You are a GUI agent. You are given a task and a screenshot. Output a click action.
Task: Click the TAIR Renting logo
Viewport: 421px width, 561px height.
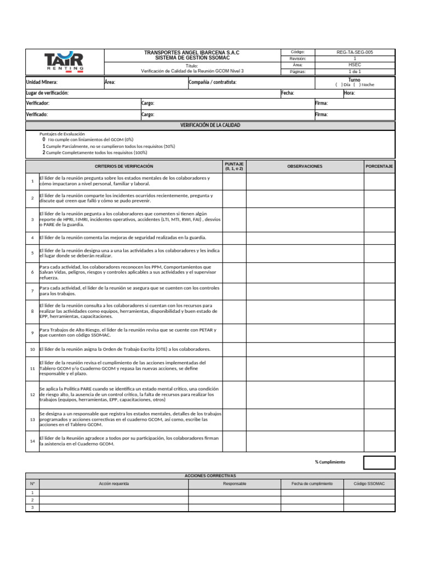tap(64, 61)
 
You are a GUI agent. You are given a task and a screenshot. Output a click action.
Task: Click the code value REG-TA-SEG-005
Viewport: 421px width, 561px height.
tap(355, 52)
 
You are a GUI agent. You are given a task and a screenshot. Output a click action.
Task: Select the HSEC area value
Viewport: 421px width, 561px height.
tap(355, 65)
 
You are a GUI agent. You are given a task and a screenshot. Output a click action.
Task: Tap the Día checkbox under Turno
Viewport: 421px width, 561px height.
tap(338, 85)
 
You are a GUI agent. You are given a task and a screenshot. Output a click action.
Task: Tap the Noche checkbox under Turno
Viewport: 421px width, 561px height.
tap(357, 85)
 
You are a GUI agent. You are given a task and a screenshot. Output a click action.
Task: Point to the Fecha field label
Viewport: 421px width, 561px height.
tap(288, 93)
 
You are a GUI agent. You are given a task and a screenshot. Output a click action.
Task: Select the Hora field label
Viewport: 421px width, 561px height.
tap(349, 93)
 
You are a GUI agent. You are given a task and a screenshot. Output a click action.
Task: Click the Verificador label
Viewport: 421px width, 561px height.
tap(38, 104)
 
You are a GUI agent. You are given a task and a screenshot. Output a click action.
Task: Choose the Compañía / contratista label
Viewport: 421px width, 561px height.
tap(213, 82)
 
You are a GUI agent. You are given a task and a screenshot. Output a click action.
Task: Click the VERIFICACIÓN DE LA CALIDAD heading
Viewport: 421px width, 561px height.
tap(210, 125)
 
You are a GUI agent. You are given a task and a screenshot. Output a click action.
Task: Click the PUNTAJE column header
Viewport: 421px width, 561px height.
tap(234, 166)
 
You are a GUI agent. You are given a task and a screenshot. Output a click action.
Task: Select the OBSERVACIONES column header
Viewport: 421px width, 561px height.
tap(305, 166)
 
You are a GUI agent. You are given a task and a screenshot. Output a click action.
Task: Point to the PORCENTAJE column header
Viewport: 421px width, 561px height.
tap(379, 166)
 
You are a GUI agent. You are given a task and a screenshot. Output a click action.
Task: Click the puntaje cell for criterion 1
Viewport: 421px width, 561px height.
tap(234, 181)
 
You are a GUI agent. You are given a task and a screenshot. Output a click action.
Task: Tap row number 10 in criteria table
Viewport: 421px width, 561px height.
tap(32, 349)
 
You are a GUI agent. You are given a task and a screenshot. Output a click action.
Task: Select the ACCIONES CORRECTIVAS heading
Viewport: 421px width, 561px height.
tap(210, 476)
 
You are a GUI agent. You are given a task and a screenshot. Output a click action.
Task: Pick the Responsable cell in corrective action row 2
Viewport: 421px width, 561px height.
tap(235, 500)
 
